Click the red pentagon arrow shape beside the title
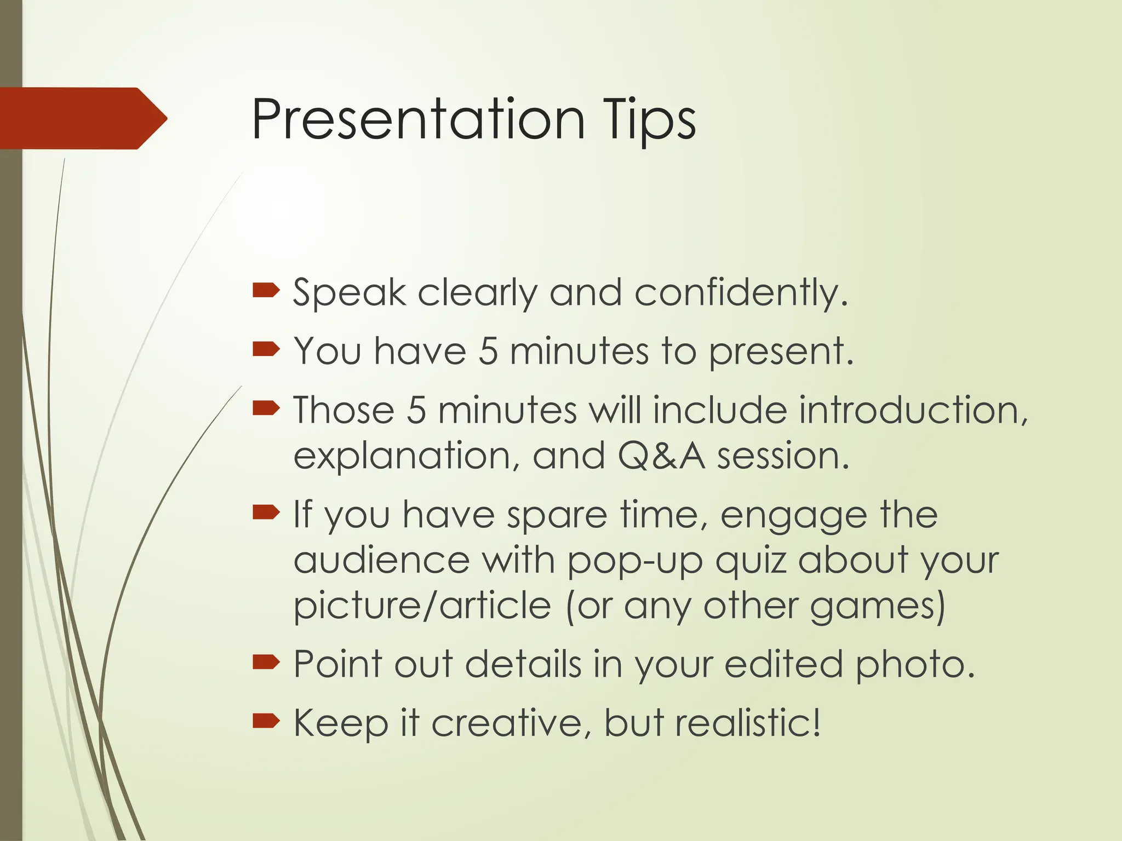[x=82, y=118]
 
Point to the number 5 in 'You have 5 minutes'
[x=488, y=351]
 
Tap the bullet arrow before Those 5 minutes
[x=266, y=407]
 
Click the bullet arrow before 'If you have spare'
[x=266, y=512]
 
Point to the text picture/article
[x=422, y=606]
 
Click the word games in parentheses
[x=877, y=607]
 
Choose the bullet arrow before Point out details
[x=266, y=663]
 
